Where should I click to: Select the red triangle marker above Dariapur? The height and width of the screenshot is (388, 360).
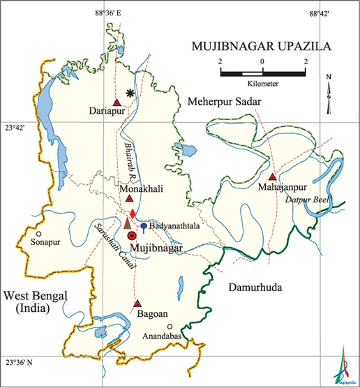[117, 101]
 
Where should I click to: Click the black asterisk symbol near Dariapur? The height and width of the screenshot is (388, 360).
[130, 93]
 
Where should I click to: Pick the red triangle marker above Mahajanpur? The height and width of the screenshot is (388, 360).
[272, 177]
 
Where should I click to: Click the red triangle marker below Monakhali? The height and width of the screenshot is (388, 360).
[129, 199]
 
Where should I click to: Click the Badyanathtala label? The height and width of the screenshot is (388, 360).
[173, 227]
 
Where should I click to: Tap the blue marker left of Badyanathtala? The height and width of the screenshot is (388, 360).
[144, 227]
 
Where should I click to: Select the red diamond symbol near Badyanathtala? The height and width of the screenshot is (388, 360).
[133, 213]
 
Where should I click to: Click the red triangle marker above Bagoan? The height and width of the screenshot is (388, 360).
[137, 304]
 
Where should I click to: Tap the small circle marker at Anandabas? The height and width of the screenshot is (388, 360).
[169, 327]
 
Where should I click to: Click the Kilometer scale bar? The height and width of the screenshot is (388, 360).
[262, 73]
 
